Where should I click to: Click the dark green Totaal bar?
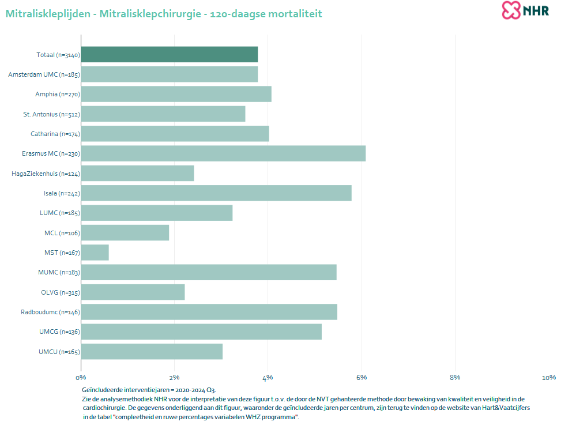[170, 54]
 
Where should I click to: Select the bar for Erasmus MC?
[223, 153]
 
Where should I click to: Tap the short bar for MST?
[95, 253]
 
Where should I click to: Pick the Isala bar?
[216, 193]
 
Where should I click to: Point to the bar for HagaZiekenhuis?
[138, 174]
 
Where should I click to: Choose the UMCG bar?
[201, 332]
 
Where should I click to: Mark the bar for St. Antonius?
[163, 114]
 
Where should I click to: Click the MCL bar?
[125, 233]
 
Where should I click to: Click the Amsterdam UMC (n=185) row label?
[44, 74]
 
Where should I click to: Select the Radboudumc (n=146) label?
[50, 312]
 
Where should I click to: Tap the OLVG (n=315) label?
[61, 292]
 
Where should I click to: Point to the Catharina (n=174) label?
[55, 134]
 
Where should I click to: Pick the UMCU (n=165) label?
[59, 352]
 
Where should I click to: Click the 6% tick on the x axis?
[362, 377]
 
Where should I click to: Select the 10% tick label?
[549, 377]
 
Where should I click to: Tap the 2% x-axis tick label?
[174, 377]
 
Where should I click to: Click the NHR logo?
[525, 10]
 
